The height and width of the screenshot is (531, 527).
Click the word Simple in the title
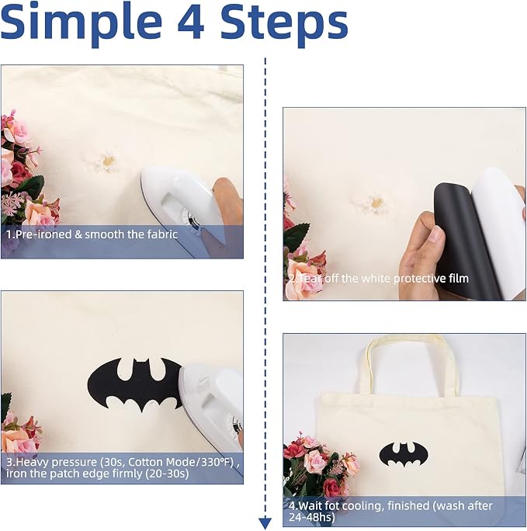click(x=81, y=24)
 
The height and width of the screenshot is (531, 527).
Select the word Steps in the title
click(x=284, y=25)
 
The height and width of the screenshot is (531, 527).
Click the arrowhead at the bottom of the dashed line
click(x=265, y=523)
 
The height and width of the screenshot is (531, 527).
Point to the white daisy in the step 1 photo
click(x=107, y=163)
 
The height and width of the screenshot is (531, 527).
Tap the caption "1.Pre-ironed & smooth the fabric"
click(x=92, y=234)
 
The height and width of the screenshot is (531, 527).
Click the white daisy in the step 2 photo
click(x=373, y=203)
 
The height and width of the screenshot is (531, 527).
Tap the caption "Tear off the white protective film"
click(x=384, y=279)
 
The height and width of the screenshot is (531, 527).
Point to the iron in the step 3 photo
click(x=212, y=406)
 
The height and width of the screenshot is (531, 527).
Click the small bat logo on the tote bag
click(x=404, y=454)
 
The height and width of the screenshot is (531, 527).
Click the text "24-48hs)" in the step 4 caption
click(x=311, y=517)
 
